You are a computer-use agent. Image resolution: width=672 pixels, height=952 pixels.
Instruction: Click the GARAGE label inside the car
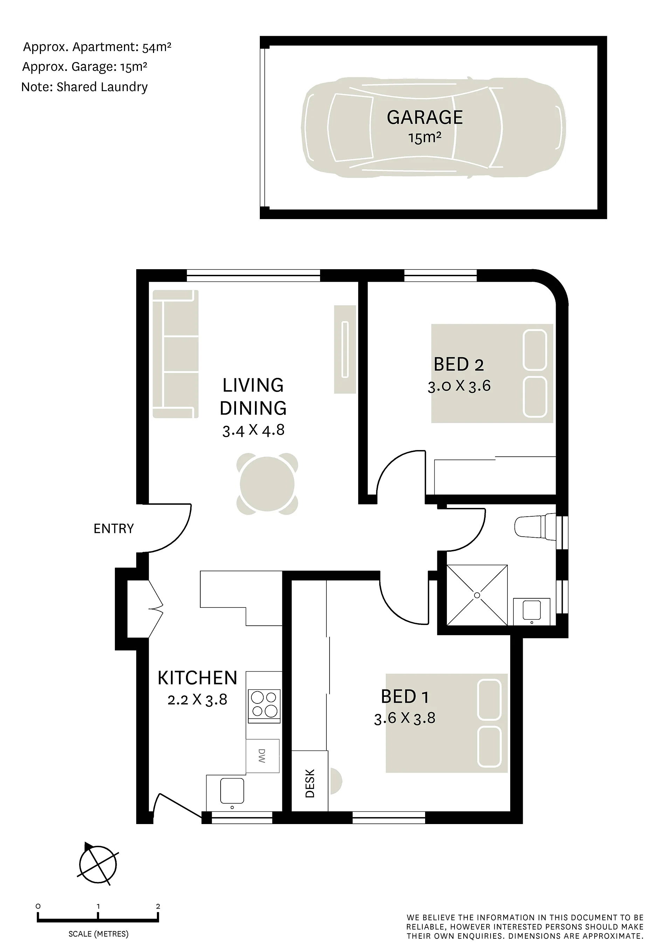click(x=425, y=117)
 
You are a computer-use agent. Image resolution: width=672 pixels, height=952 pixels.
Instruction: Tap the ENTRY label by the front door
click(x=113, y=529)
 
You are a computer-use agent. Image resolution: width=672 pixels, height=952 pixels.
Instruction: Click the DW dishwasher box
click(x=263, y=755)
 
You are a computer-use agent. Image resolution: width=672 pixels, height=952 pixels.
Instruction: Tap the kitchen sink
click(x=232, y=791)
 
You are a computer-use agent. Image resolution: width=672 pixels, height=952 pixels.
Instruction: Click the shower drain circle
click(x=477, y=596)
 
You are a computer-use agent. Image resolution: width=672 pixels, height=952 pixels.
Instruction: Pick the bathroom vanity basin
click(x=532, y=610)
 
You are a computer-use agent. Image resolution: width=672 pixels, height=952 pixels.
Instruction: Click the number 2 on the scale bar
click(x=158, y=906)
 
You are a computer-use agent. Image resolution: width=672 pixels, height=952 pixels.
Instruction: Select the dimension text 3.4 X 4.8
click(x=253, y=430)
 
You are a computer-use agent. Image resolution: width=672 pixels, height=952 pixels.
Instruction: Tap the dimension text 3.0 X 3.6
click(x=459, y=386)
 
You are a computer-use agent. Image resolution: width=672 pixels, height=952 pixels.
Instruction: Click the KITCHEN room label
click(x=198, y=678)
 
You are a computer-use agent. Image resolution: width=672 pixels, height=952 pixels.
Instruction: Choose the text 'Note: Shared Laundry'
click(x=84, y=87)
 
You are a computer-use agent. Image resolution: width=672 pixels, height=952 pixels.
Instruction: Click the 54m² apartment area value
click(x=157, y=47)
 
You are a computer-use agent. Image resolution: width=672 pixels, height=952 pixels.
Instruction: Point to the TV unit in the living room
click(x=345, y=349)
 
